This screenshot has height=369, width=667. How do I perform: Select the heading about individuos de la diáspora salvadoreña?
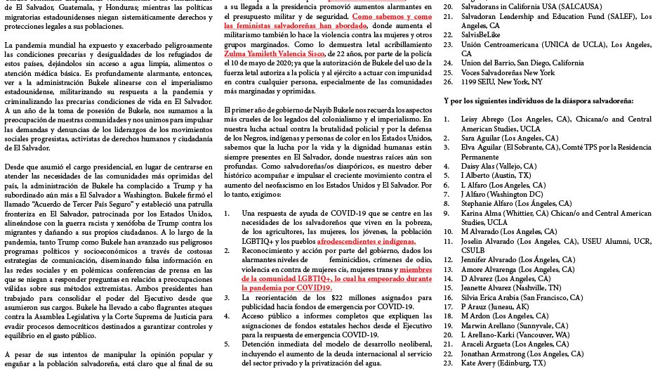(x=539, y=100)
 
